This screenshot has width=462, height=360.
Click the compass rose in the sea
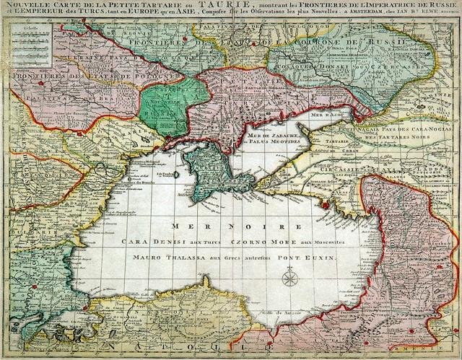[289, 277]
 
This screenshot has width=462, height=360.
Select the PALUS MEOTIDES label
[272, 143]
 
